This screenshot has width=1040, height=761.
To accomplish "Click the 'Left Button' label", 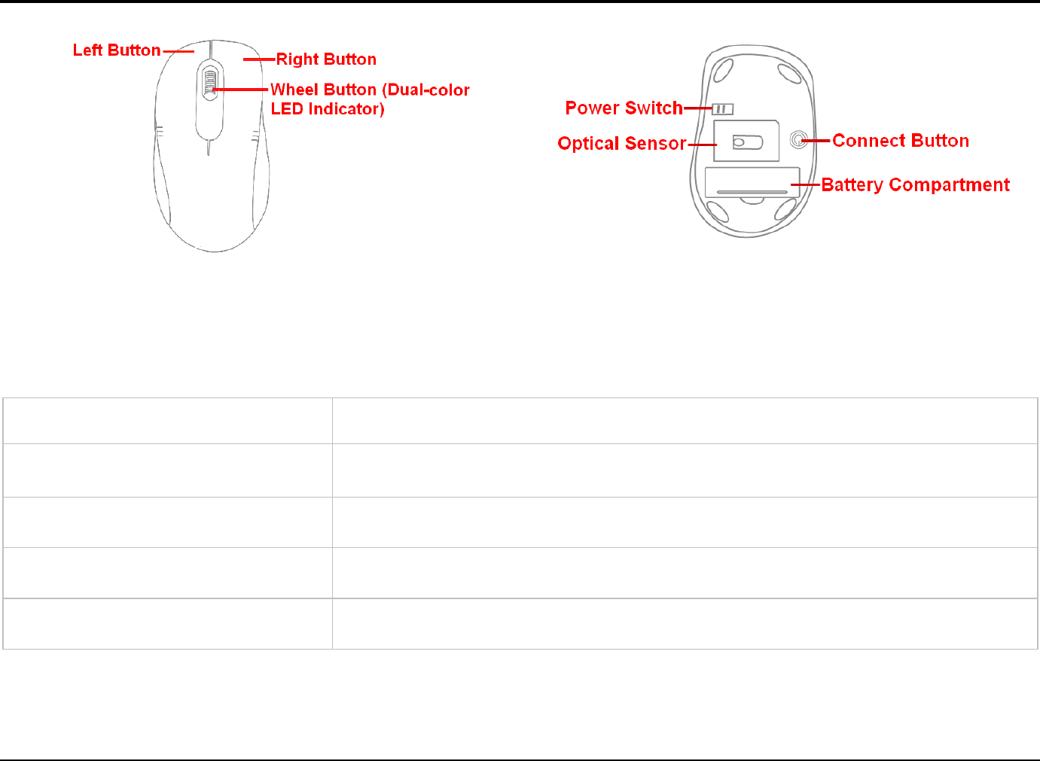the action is coord(117,50).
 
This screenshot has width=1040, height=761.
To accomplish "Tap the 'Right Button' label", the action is coord(326,59).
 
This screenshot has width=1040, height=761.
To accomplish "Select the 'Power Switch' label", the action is coord(624,108).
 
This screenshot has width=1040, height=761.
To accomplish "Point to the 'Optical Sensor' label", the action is coord(622,144).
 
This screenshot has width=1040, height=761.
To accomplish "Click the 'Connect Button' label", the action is coord(901,141).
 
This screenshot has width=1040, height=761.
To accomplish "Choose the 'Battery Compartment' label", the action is coord(915,185).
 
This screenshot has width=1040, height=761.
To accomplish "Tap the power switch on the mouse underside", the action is coord(722,109).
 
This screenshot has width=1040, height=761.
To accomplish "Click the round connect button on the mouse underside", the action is coord(798,140).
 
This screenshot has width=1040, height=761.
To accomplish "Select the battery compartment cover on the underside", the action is coord(751,183).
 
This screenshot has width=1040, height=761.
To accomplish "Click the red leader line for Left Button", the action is coord(178,51).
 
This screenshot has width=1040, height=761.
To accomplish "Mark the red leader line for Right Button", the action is coord(259,59).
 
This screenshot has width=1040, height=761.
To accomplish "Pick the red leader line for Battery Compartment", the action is coord(805,184).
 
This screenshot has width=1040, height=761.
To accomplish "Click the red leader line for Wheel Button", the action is coord(241,90).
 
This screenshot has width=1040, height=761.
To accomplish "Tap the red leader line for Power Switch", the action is coord(697,108).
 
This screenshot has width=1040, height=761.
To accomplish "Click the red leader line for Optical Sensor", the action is coord(702,144).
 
